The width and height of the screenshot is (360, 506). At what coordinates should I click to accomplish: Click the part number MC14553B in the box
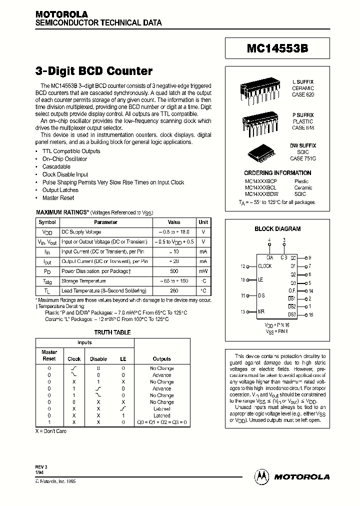[x=277, y=49]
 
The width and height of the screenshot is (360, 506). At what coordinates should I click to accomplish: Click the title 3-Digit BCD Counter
[x=93, y=71]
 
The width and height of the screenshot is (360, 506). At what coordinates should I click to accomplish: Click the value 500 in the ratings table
[x=174, y=271]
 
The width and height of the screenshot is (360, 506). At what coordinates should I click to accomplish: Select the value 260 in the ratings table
[x=174, y=290]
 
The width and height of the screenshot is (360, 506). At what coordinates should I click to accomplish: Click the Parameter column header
[x=105, y=222]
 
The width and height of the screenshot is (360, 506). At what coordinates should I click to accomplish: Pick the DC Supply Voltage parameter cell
[x=81, y=232]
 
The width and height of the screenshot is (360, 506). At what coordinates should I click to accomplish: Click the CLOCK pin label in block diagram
[x=264, y=266]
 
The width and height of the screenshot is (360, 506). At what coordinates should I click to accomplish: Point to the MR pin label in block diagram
[x=261, y=311]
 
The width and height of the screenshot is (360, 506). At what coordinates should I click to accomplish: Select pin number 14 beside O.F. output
[x=310, y=290]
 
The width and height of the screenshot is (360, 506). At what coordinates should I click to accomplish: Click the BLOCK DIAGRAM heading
[x=277, y=229]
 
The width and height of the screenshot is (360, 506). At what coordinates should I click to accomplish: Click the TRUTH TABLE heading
[x=112, y=332]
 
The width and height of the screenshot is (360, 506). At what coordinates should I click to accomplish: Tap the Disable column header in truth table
[x=98, y=359]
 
